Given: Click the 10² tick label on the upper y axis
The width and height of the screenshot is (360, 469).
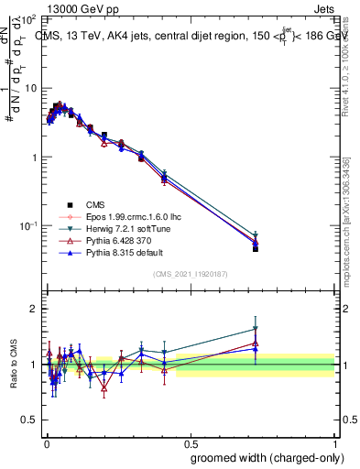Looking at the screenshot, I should click(x=28, y=19).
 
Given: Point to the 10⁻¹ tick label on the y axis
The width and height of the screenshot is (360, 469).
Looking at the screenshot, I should click(x=27, y=225).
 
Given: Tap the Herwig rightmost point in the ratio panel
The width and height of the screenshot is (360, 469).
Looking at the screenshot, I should click(x=256, y=329).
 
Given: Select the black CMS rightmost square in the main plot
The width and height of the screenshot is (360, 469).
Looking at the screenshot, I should click(x=256, y=248).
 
